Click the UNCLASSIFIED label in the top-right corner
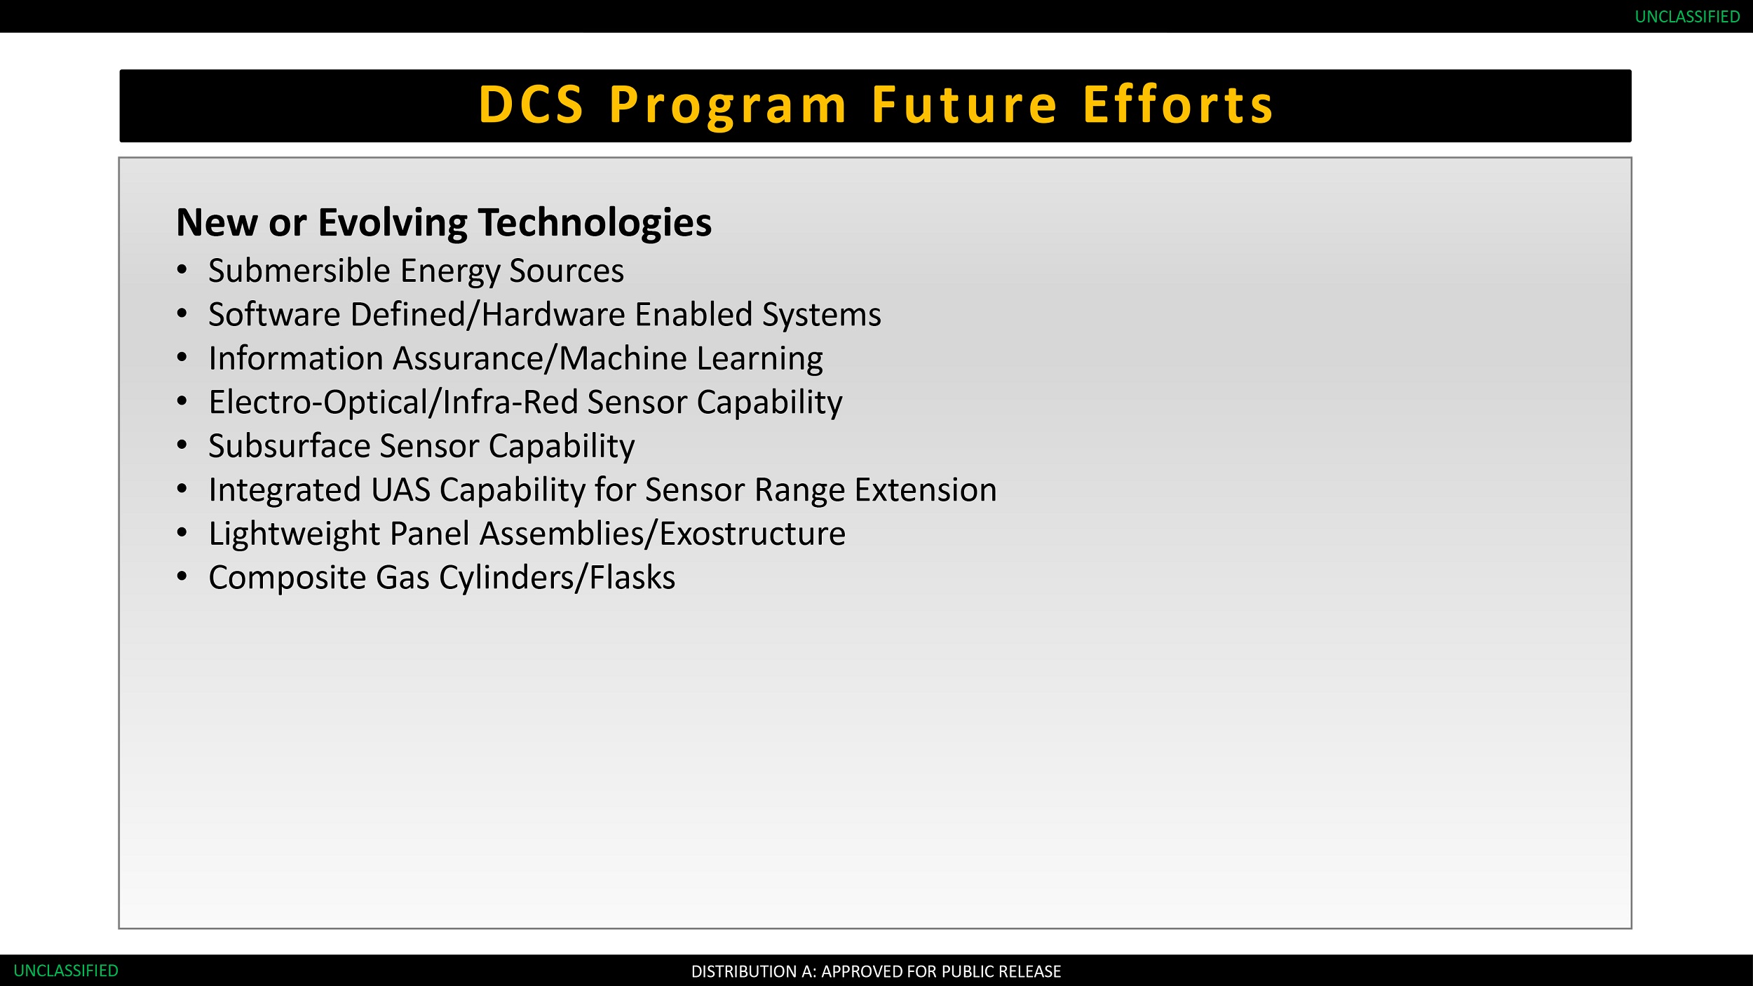point(1687,17)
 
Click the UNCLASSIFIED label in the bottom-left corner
point(66,971)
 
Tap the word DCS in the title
point(531,105)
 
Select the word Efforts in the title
point(1178,105)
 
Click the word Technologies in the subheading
point(595,223)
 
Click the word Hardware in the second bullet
point(553,314)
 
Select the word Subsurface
point(289,446)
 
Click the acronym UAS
point(400,489)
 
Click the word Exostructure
point(752,534)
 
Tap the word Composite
point(287,578)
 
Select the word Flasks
point(632,577)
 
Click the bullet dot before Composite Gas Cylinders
point(182,576)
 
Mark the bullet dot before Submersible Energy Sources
point(182,269)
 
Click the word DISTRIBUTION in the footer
point(744,971)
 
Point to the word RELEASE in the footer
point(1031,971)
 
